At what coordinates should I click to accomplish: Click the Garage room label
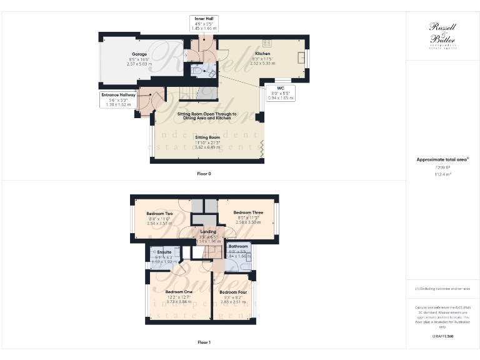click(x=139, y=54)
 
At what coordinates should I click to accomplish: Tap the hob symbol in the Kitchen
click(x=267, y=43)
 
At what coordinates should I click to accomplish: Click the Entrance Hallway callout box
click(x=118, y=100)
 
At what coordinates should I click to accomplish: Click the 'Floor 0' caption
click(x=204, y=173)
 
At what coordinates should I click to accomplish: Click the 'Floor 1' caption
click(x=204, y=342)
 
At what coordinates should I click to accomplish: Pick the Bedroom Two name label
click(x=160, y=214)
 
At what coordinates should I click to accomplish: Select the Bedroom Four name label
click(x=232, y=292)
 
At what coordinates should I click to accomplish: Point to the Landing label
click(x=207, y=232)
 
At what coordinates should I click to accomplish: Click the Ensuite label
click(x=164, y=252)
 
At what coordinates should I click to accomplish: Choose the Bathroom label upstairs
click(x=237, y=246)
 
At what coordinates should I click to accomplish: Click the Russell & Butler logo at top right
click(x=442, y=35)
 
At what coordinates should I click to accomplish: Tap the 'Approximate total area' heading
click(x=442, y=159)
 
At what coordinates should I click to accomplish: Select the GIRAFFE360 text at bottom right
click(x=442, y=336)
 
